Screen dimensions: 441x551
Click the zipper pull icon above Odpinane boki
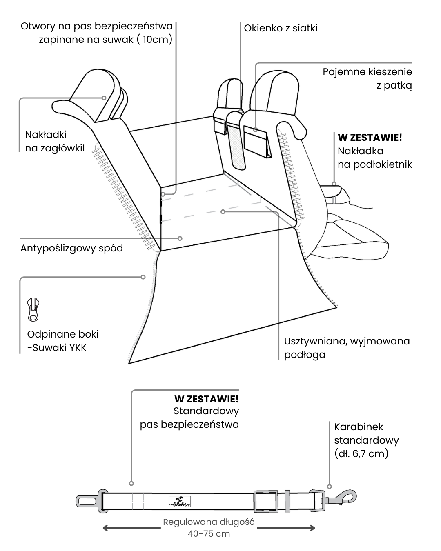tap(33, 309)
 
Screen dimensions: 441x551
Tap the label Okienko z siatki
tap(281, 28)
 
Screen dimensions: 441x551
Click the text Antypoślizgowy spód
tap(72, 248)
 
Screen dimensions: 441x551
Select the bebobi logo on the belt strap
tap(180, 501)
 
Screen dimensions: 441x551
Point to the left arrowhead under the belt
tap(105, 528)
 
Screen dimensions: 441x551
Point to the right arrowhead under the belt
tap(312, 528)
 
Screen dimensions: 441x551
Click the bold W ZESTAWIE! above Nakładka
tap(370, 138)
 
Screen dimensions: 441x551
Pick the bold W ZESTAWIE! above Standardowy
tap(207, 399)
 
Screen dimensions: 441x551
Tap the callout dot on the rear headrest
tap(104, 98)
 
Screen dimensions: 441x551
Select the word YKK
tap(77, 348)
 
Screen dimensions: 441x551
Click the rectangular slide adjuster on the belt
tap(266, 501)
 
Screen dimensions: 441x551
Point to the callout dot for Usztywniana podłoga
tap(223, 212)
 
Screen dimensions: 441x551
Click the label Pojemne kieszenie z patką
tap(367, 78)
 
